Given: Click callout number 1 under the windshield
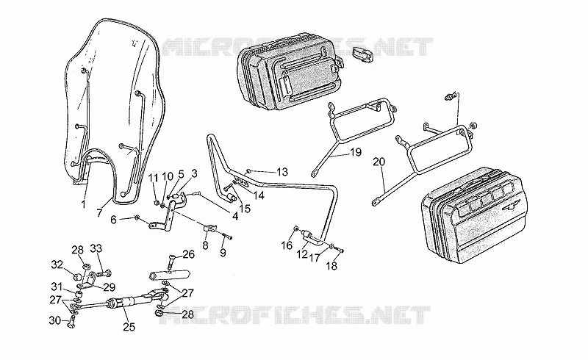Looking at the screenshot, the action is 83,204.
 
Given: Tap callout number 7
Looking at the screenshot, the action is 99,213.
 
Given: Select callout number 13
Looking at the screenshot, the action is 282,172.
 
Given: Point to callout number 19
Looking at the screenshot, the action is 356,152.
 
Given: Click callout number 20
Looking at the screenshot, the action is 379,162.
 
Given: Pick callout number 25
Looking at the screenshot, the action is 129,327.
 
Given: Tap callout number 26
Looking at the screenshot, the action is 189,255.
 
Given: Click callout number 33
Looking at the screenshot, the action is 96,248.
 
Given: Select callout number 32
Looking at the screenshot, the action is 57,264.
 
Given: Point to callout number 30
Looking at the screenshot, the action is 54,320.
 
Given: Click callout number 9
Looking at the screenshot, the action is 223,253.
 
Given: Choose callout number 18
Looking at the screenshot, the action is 331,266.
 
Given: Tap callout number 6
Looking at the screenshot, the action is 114,220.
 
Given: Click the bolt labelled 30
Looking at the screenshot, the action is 71,322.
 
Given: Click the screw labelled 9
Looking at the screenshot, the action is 228,237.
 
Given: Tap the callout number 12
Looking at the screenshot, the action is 302,255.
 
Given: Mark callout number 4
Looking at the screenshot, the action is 235,217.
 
